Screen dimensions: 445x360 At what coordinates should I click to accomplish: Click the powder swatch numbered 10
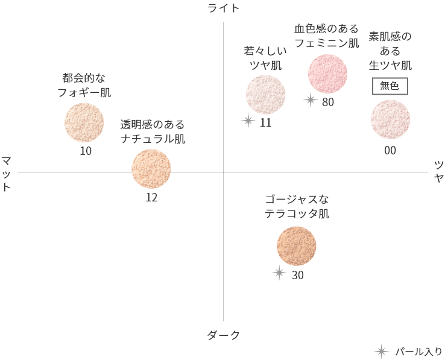pos(84,122)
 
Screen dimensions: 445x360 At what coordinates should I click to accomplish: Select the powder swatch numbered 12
pos(151,169)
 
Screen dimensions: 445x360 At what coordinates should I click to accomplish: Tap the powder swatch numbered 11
pos(265,95)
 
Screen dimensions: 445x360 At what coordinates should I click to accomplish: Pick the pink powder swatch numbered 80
pos(327,74)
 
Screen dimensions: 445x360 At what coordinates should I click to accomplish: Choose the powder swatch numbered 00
pos(390,119)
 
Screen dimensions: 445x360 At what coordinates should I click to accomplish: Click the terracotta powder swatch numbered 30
pos(296,246)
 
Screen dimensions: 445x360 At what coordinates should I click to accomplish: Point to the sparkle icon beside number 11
pos(248,121)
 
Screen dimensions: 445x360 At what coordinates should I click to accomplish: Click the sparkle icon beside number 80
pos(311,100)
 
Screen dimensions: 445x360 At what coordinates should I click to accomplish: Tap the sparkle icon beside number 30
pos(279,273)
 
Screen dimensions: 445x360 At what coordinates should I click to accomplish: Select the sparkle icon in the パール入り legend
pos(381,352)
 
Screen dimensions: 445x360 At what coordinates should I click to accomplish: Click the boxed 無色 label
pos(390,86)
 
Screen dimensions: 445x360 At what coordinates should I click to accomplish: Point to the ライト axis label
pos(223,8)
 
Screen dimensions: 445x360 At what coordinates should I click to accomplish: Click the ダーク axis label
pos(223,335)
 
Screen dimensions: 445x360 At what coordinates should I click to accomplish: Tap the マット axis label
pos(6,174)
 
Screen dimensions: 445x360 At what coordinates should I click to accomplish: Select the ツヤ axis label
pos(439,171)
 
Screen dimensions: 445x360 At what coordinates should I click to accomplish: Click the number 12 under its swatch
pos(151,198)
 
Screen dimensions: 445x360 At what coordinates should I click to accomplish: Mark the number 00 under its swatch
pos(390,151)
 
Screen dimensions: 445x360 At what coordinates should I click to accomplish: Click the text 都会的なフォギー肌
pos(84,85)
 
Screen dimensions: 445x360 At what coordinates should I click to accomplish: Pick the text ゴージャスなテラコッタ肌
pos(297,206)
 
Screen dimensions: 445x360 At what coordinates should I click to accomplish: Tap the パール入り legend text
pos(418,352)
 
